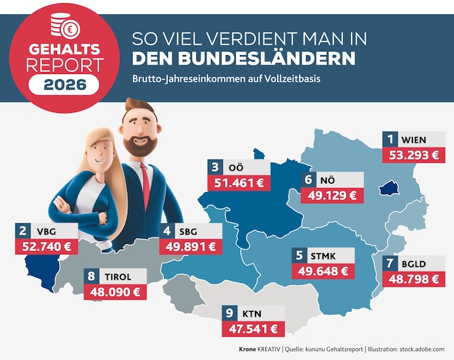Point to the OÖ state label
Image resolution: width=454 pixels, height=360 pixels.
click(235, 167)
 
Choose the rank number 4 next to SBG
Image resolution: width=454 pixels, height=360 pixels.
click(167, 230)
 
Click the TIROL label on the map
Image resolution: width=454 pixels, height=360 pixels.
click(117, 276)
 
